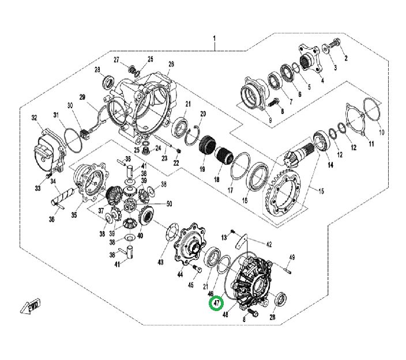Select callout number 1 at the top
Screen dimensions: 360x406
click(x=214, y=39)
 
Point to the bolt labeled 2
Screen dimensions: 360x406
click(x=336, y=44)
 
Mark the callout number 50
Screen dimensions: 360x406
click(x=169, y=203)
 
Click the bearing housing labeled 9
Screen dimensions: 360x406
click(x=254, y=92)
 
